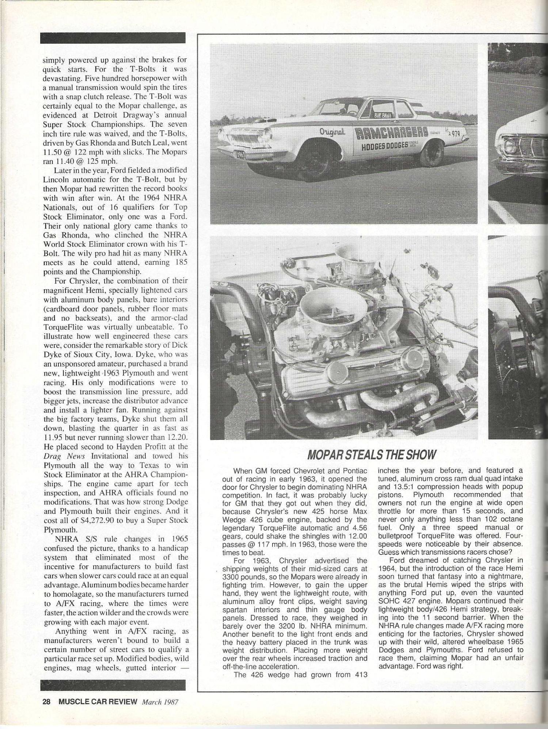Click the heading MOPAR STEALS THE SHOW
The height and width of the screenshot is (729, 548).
[372, 454]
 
